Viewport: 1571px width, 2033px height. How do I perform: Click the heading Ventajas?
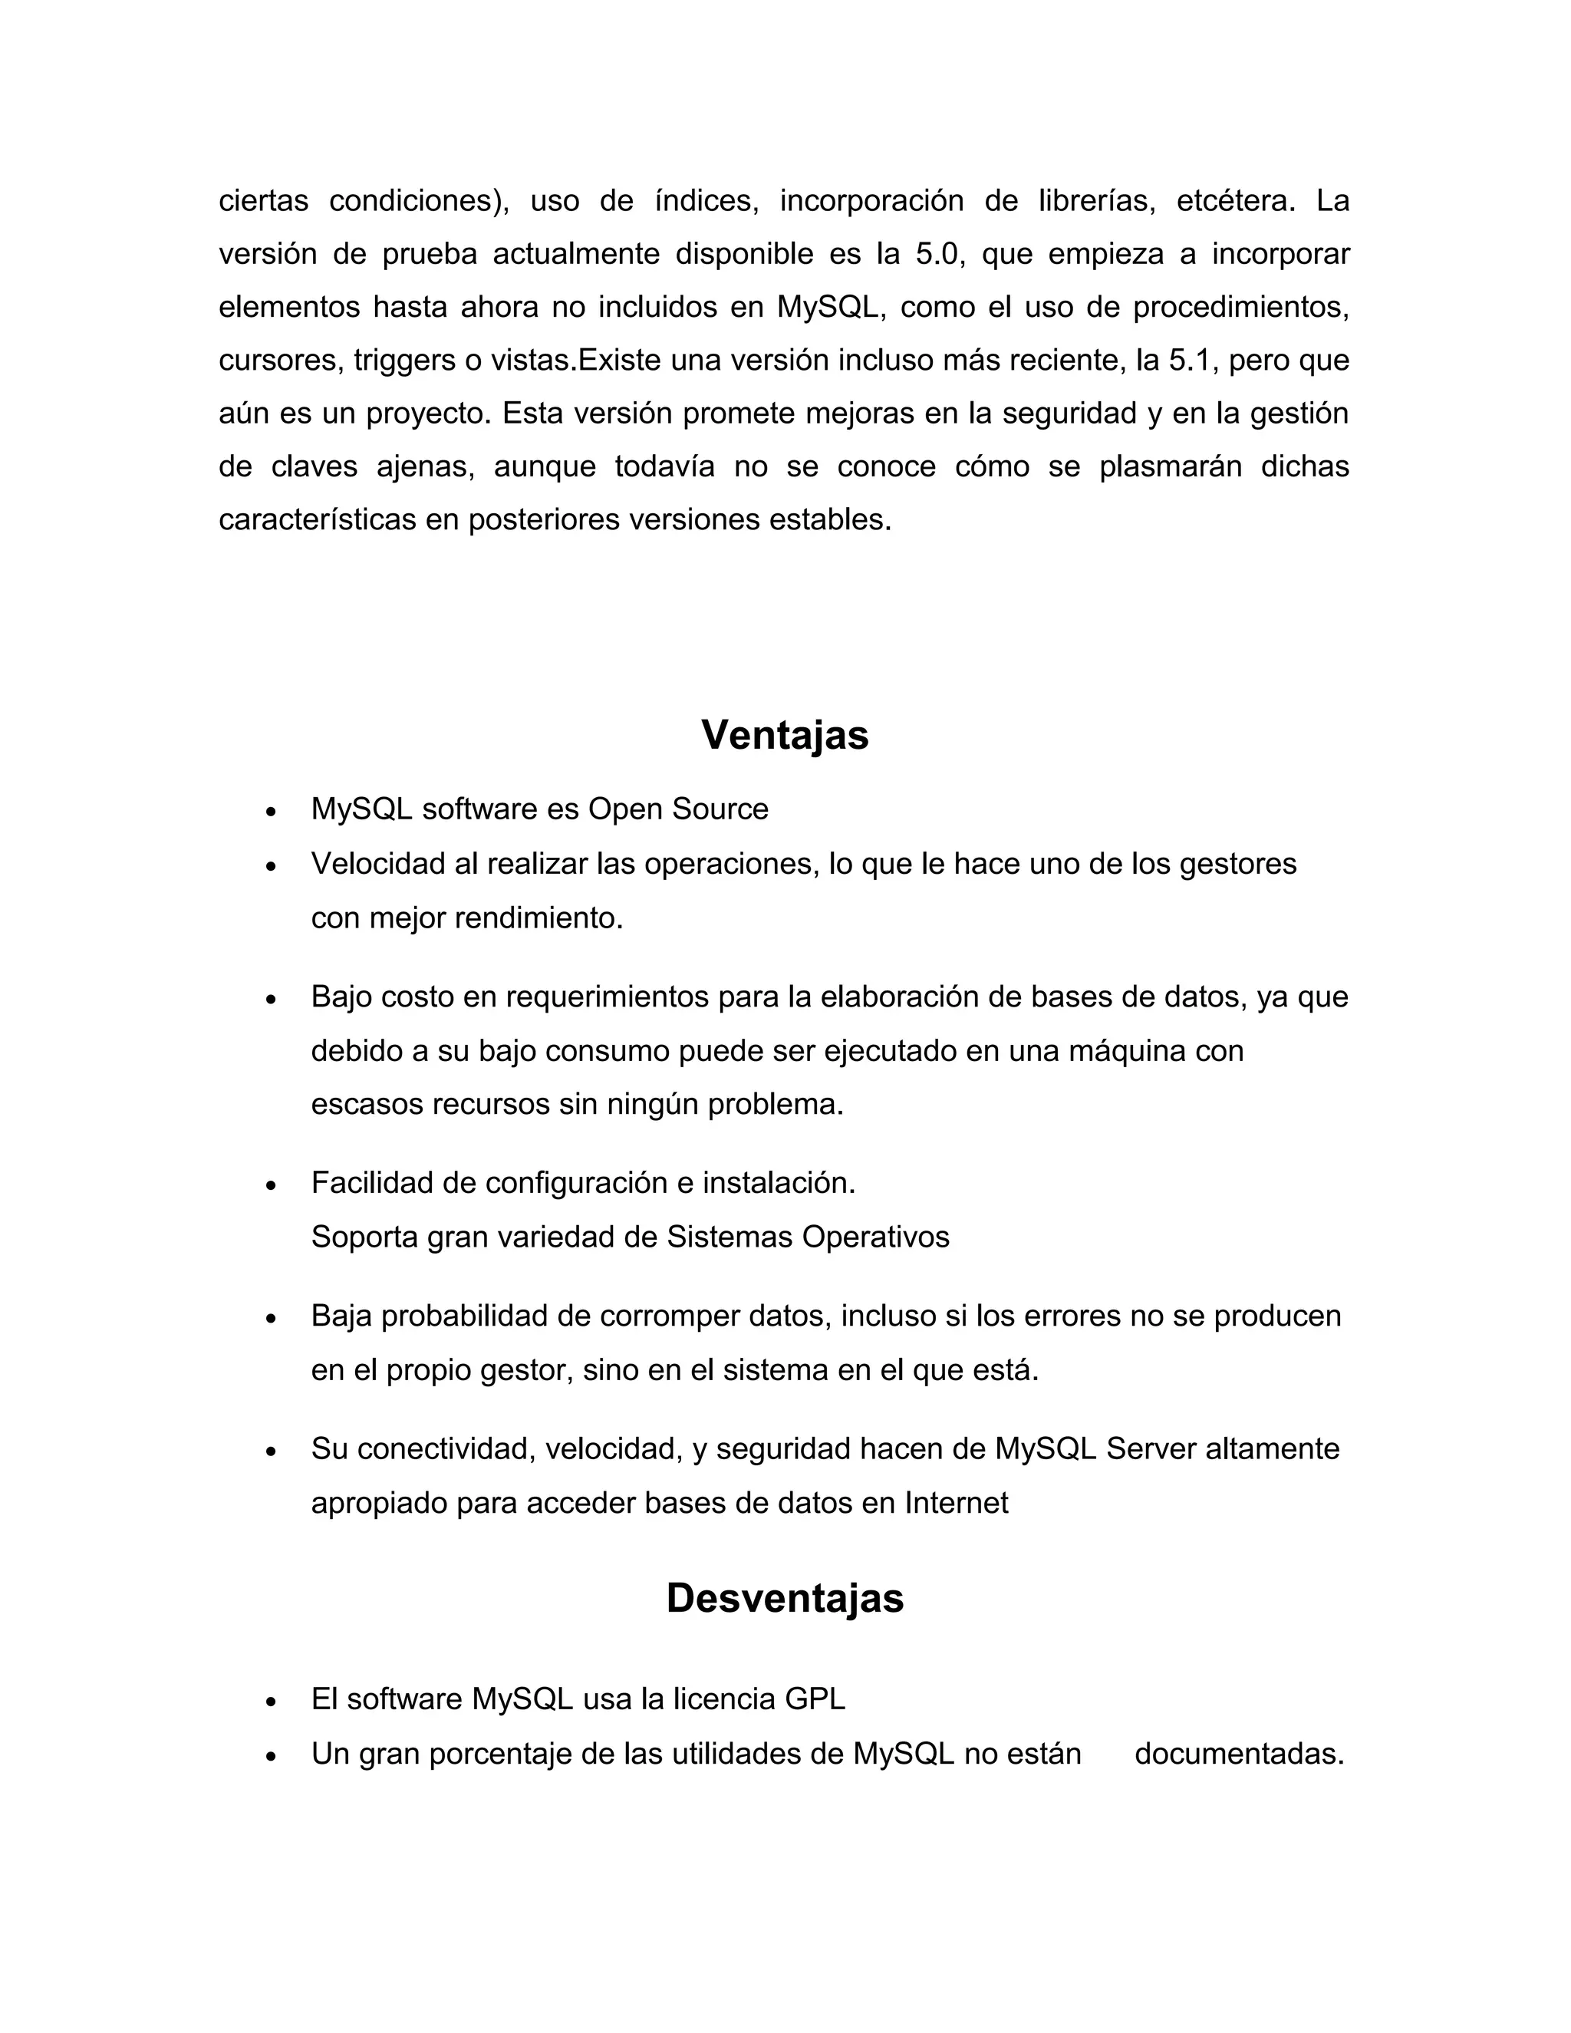click(x=785, y=736)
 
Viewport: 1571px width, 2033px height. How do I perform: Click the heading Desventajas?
click(x=785, y=1598)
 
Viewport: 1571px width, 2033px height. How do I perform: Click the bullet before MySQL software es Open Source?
click(x=271, y=812)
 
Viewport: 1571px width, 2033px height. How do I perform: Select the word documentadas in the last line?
click(x=1239, y=1754)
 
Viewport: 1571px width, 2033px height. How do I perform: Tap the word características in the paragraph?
click(x=318, y=519)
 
